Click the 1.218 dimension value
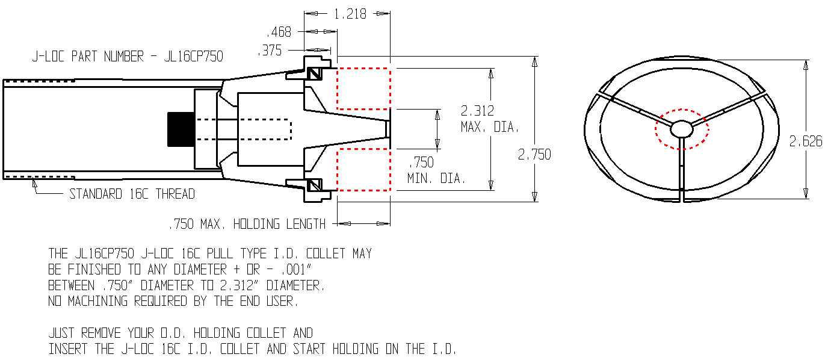350,14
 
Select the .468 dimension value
279,32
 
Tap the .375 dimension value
270,51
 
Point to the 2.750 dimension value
534,154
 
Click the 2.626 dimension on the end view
806,141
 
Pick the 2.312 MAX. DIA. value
490,119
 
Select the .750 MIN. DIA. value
436,170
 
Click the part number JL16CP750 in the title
193,57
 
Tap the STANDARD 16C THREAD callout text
132,194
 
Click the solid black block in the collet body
181,129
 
